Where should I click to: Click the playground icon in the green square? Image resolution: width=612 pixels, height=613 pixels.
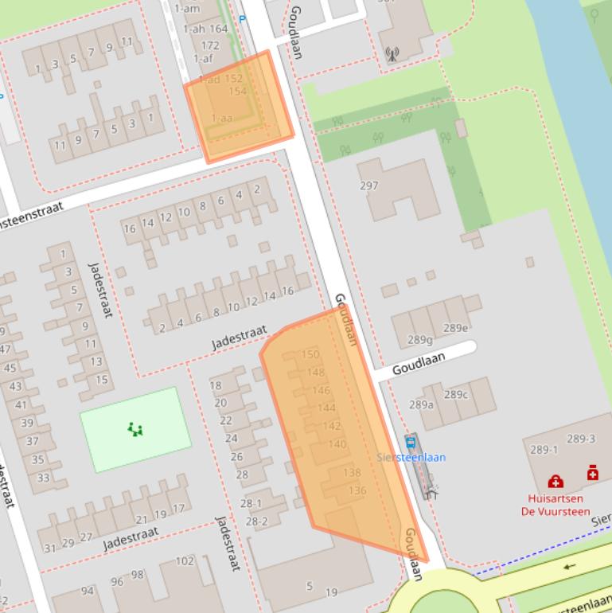(x=135, y=431)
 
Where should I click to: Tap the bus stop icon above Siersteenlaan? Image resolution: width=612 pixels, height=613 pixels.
(x=411, y=443)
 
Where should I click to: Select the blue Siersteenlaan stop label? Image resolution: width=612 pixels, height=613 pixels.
(x=411, y=458)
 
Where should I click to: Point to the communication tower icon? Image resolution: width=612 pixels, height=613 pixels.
(x=391, y=55)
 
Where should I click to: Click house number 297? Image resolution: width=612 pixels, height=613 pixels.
(x=368, y=186)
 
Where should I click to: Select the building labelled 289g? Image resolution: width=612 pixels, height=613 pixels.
(x=420, y=340)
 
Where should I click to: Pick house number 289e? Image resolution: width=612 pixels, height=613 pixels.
(x=455, y=327)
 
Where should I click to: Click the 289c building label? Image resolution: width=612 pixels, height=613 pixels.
(x=456, y=394)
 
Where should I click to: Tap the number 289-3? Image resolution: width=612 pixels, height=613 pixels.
(x=581, y=439)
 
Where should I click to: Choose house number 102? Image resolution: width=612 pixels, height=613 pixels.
(x=185, y=560)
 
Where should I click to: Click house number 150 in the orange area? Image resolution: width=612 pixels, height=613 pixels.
(x=310, y=354)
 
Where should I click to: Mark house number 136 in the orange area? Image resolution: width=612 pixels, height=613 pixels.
(x=357, y=490)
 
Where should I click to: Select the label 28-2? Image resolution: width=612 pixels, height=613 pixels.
(x=256, y=521)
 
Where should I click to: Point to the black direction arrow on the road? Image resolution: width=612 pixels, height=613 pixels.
(x=568, y=567)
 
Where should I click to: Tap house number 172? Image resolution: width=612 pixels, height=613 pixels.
(x=211, y=45)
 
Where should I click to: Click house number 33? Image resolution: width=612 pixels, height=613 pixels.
(x=43, y=478)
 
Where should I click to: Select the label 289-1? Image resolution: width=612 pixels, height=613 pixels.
(x=544, y=450)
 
